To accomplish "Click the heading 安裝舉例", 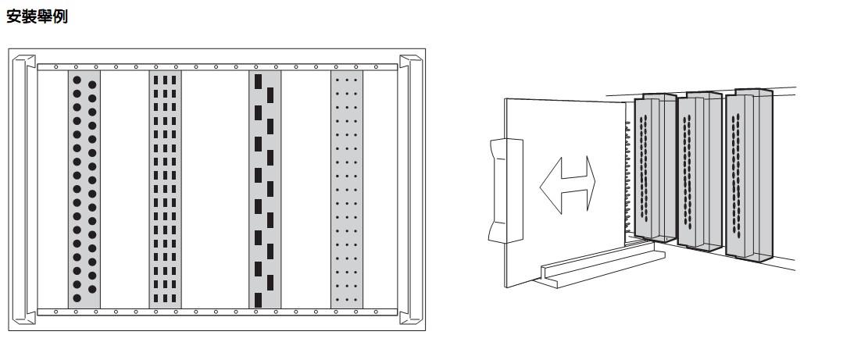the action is (37, 16).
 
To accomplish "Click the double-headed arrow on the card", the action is (567, 185).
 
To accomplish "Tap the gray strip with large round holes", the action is (84, 190).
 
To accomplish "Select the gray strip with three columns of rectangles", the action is (165, 190).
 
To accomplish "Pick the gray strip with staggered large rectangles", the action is (265, 190).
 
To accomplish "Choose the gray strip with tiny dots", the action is (347, 190).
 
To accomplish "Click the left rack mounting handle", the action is (23, 190).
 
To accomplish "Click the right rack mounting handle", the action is (410, 190).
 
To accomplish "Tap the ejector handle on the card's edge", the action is (505, 191).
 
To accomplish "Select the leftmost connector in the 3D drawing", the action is (655, 168).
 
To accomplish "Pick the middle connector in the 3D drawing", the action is (699, 171).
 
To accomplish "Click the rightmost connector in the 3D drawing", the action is (749, 176).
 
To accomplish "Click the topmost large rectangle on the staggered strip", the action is (258, 82).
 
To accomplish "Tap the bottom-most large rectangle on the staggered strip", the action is (258, 300).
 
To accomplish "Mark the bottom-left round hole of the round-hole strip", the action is (77, 298).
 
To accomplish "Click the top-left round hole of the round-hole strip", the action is (77, 80).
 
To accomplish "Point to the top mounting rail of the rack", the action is (217, 67).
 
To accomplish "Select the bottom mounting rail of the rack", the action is (217, 312).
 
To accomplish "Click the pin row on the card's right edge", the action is (628, 177).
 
